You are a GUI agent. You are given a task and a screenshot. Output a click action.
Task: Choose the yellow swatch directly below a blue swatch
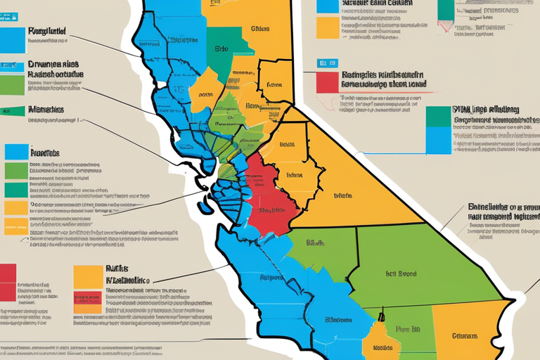(327, 27)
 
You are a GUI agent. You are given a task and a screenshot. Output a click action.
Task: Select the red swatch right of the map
(327, 82)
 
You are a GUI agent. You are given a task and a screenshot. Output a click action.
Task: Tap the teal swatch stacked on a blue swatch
(437, 116)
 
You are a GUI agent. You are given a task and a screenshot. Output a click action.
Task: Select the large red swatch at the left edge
(8, 281)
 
